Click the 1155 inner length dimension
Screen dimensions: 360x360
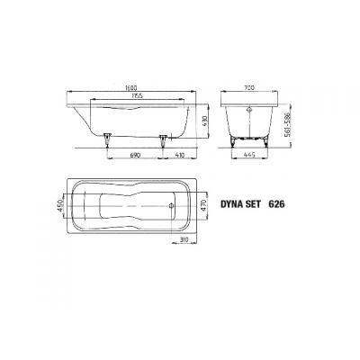click(132, 95)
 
